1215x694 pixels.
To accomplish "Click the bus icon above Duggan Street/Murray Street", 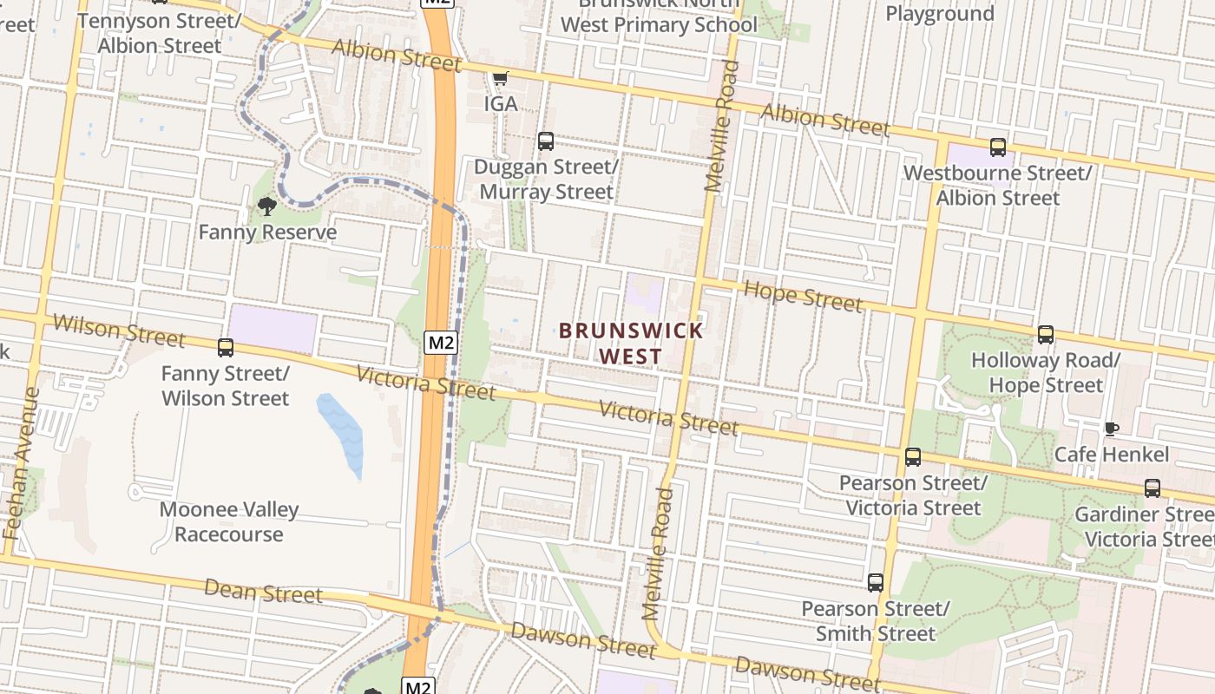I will (546, 141).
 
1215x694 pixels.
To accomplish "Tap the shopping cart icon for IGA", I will (500, 79).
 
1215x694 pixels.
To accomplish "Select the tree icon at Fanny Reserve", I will (267, 206).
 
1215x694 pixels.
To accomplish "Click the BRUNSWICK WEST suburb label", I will (631, 344).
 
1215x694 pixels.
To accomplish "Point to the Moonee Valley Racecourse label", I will (229, 522).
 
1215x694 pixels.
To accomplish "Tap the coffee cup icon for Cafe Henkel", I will (1111, 429).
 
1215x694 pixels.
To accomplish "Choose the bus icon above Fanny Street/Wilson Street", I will (226, 348).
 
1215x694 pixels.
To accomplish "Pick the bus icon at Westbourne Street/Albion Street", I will (998, 147).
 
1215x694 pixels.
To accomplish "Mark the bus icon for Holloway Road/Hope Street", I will (1046, 335).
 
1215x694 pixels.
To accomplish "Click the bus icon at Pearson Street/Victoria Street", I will (913, 457).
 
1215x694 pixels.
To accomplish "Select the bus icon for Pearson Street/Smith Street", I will (876, 583).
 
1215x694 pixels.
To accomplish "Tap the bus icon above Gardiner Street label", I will (1153, 488).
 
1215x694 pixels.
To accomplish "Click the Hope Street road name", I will (804, 296).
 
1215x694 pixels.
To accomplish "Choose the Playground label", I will (939, 14).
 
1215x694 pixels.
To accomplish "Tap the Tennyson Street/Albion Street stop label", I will (160, 32).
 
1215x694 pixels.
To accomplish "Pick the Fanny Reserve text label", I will (267, 232).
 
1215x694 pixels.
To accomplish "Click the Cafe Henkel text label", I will (1112, 455).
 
